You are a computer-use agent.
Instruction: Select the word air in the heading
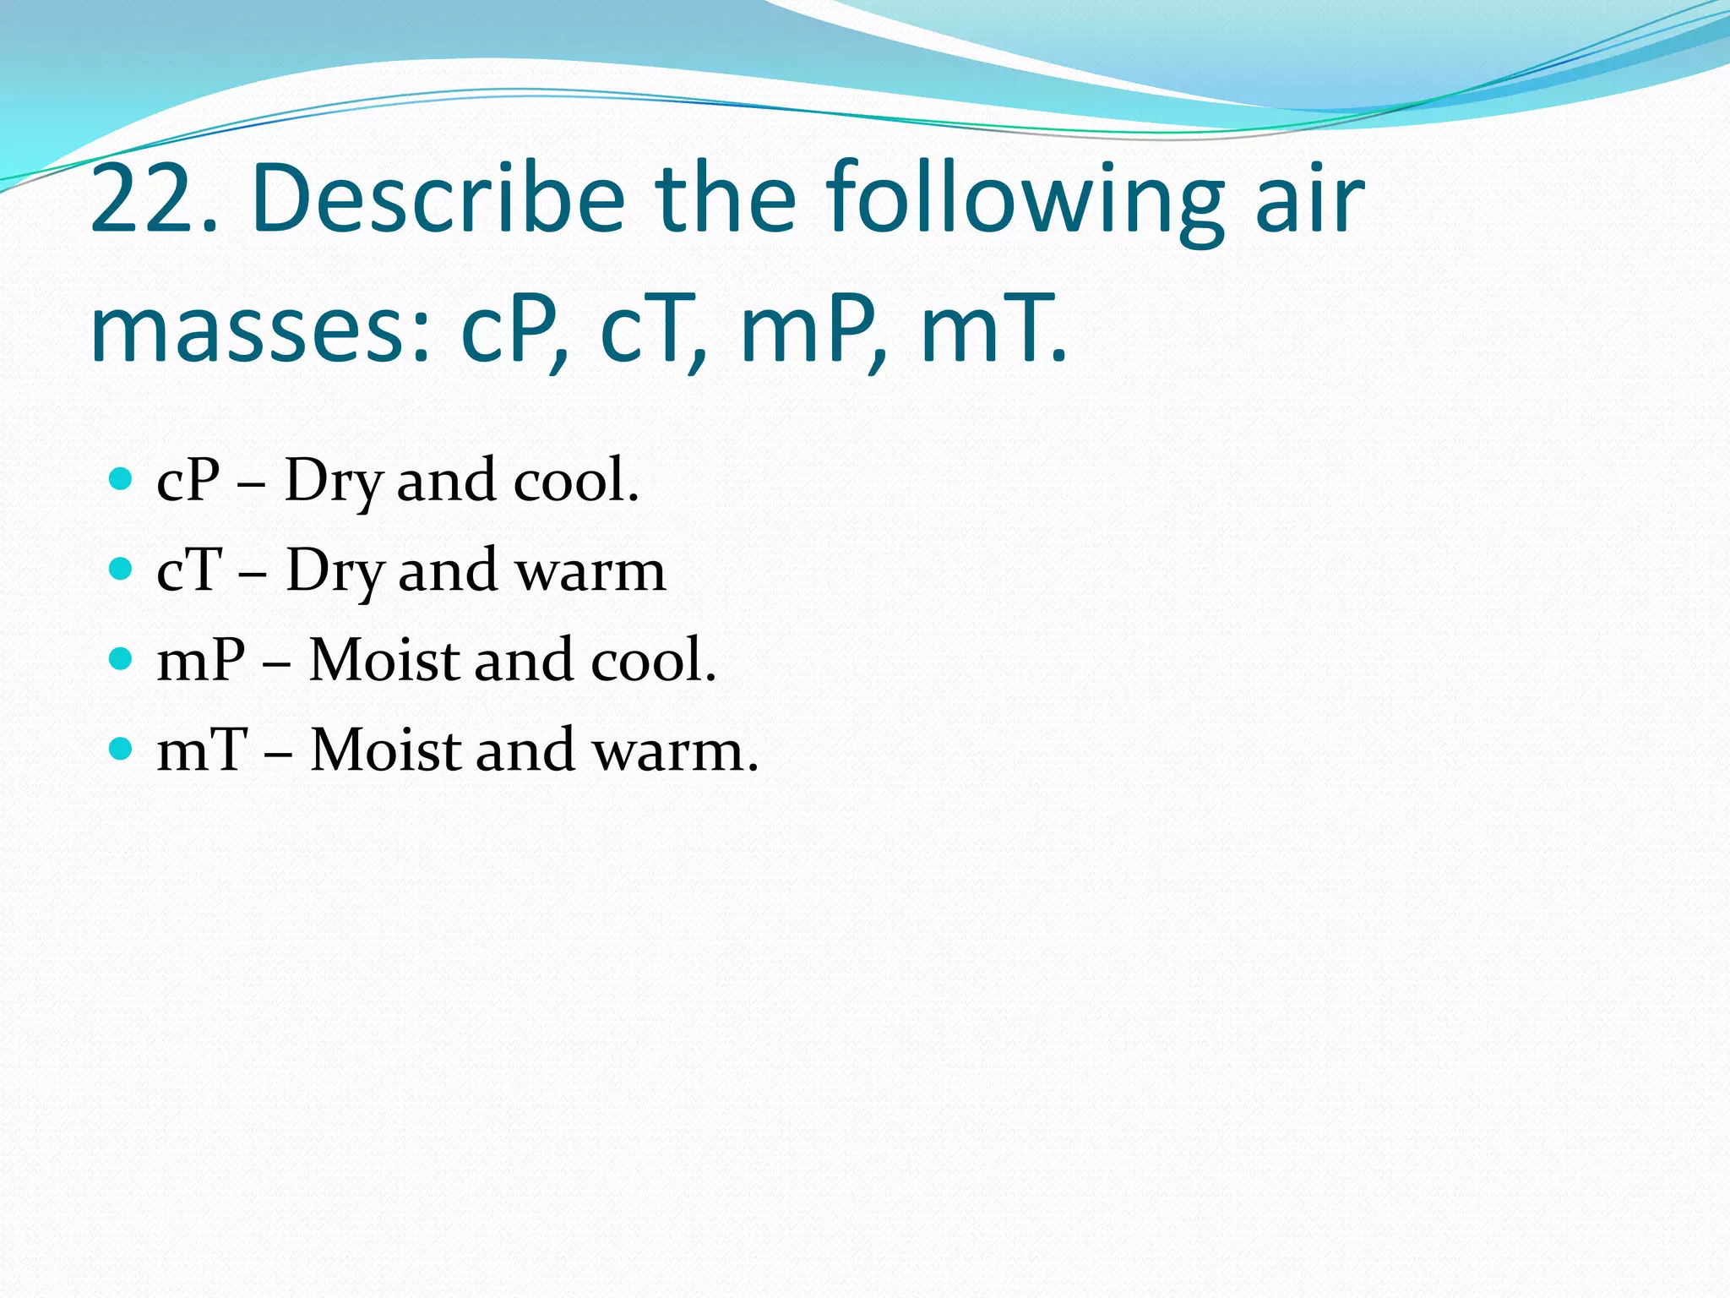[1309, 199]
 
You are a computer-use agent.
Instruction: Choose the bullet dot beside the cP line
[122, 479]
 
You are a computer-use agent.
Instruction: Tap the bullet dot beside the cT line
[122, 569]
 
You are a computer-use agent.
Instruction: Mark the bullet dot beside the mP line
[122, 658]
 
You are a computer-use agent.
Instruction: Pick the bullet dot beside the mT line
[122, 749]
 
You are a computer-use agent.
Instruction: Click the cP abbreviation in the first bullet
[188, 480]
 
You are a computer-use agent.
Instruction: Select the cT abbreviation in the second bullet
[190, 570]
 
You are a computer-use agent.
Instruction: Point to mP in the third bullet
[201, 660]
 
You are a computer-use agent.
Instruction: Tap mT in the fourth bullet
[203, 750]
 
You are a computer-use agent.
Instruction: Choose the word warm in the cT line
[591, 571]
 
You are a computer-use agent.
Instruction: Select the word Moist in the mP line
[384, 660]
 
